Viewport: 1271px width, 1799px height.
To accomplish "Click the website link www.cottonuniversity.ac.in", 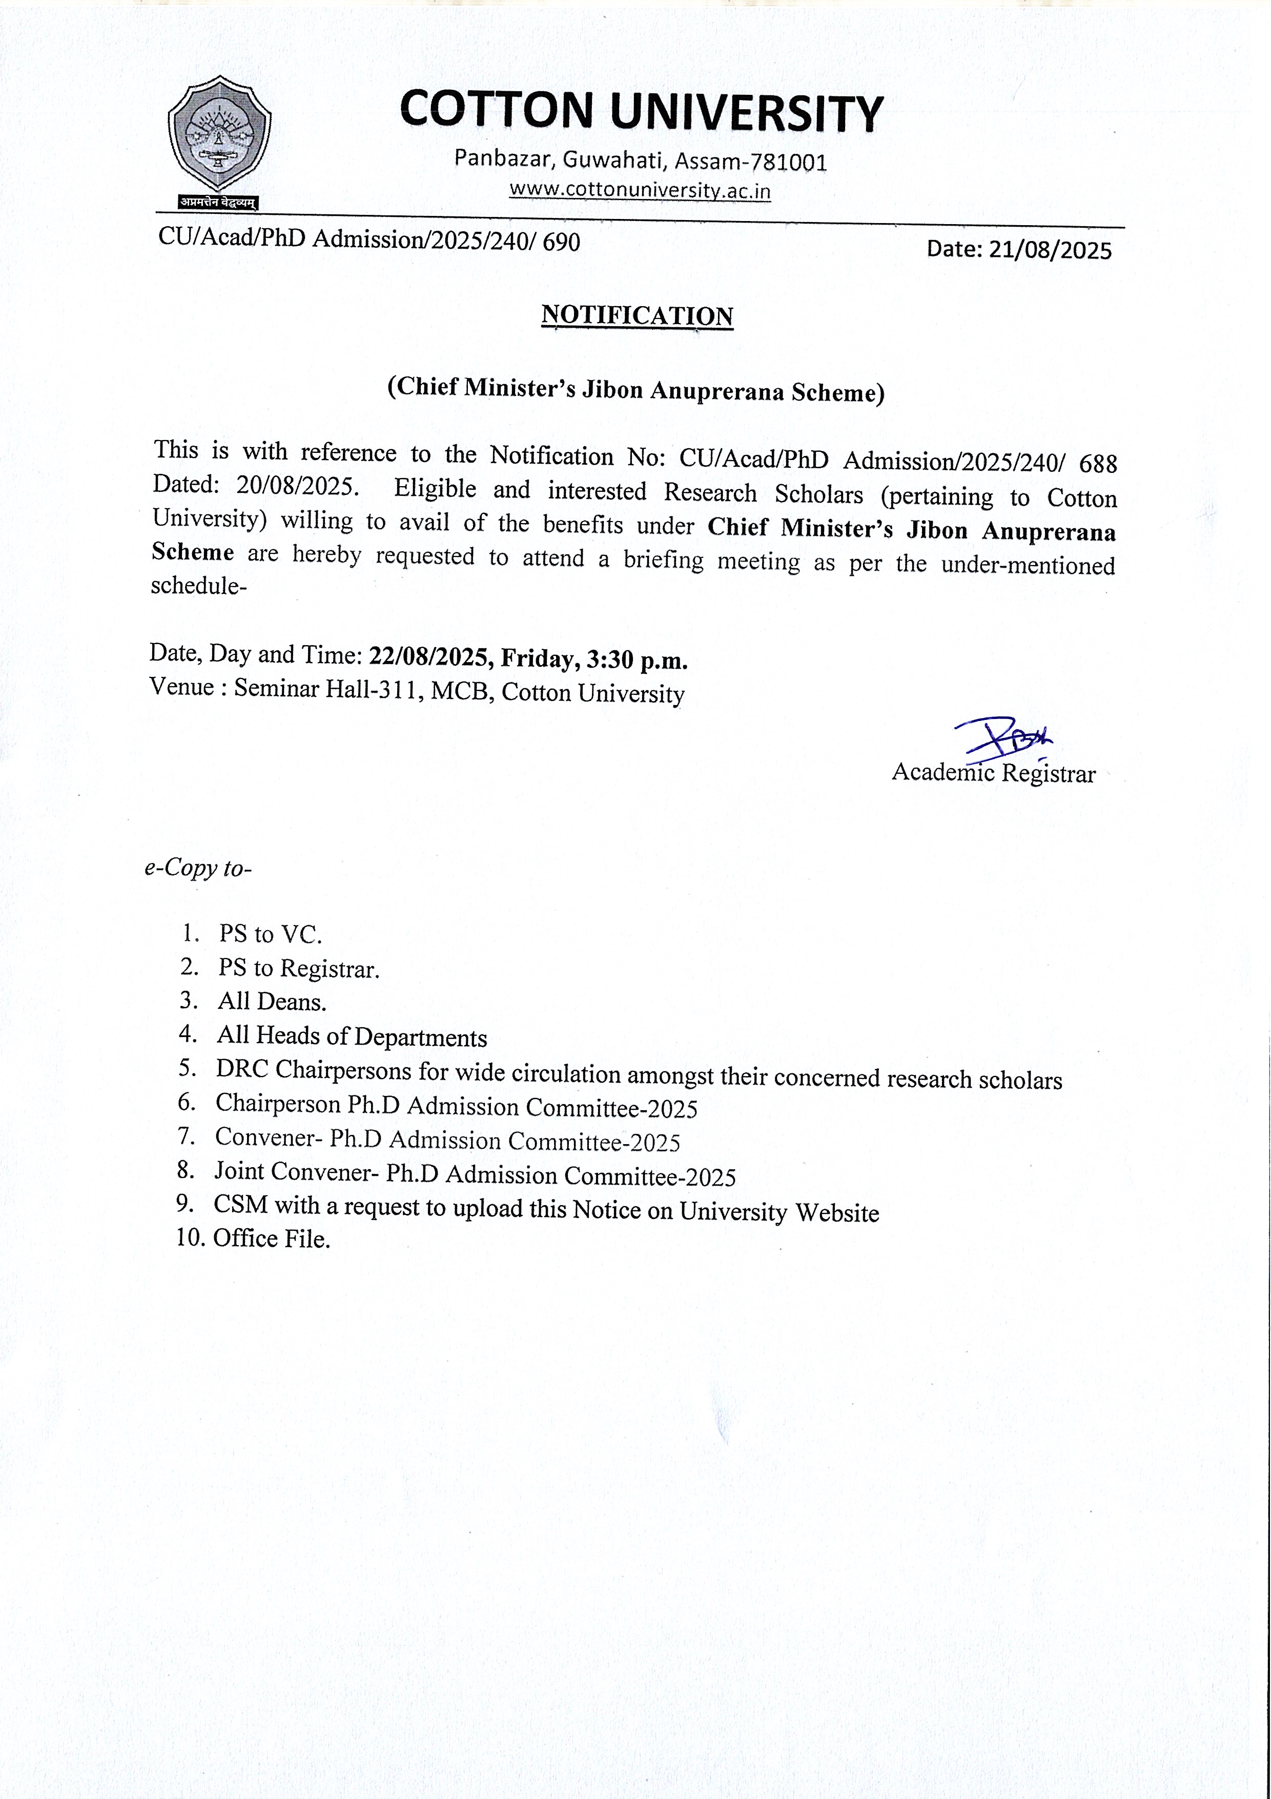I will pos(640,190).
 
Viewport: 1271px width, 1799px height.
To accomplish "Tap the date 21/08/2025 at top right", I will pos(1050,249).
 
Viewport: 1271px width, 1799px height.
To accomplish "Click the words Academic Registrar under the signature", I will pos(993,773).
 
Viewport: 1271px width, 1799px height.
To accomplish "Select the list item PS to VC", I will pos(270,934).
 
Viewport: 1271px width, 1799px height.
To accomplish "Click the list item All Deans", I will pos(272,1002).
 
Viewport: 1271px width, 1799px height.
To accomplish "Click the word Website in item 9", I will pos(837,1213).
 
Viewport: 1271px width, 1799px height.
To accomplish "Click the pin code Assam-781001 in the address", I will pos(750,162).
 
